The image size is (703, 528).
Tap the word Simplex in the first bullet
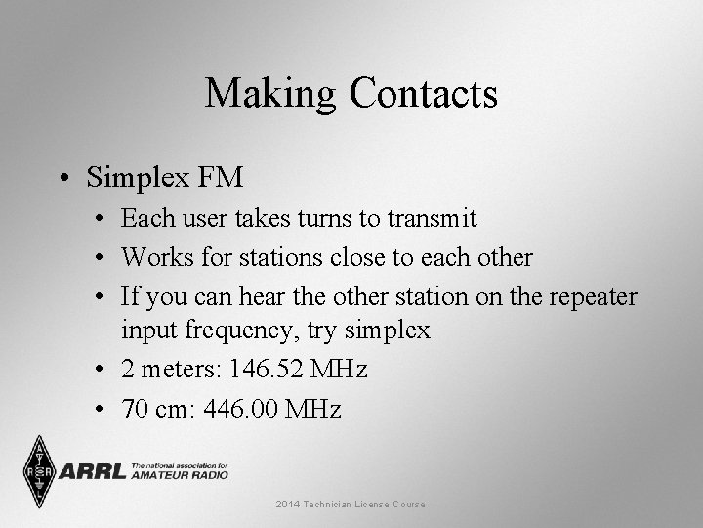[x=139, y=178]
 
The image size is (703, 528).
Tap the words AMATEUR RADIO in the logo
[x=181, y=475]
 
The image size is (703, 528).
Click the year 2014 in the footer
[x=288, y=504]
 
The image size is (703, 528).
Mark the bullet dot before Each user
[x=104, y=219]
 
